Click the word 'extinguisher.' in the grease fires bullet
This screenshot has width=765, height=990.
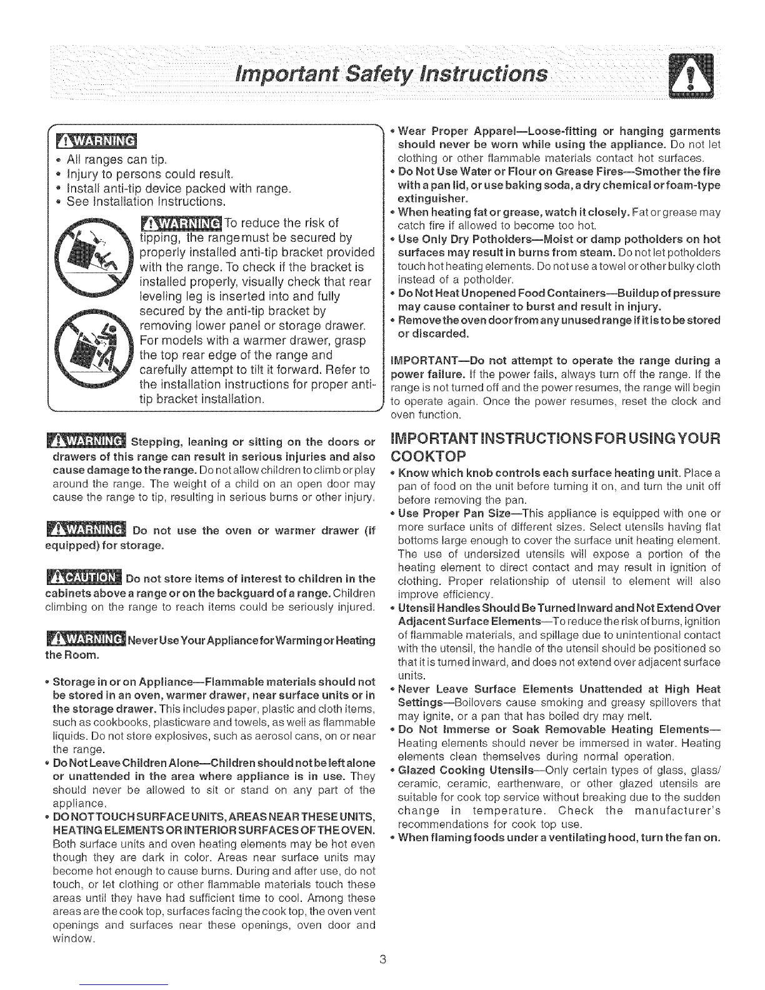(425, 199)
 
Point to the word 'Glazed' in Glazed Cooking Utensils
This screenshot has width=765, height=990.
(415, 769)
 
